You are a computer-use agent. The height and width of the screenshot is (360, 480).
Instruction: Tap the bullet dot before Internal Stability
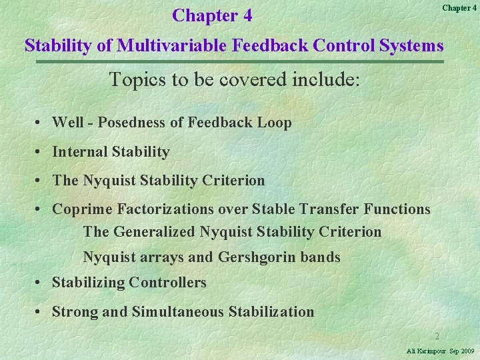click(x=41, y=152)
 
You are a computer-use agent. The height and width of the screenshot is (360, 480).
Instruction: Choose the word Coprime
click(x=83, y=209)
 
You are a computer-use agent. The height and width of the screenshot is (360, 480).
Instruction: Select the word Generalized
click(x=155, y=232)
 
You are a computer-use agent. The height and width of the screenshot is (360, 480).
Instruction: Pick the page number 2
click(x=437, y=337)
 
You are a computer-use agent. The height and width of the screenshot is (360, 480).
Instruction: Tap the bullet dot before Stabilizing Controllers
click(x=41, y=283)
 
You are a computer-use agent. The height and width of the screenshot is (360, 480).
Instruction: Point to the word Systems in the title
click(x=413, y=45)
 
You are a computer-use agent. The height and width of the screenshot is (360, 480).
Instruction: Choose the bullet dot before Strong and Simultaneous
click(x=41, y=311)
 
